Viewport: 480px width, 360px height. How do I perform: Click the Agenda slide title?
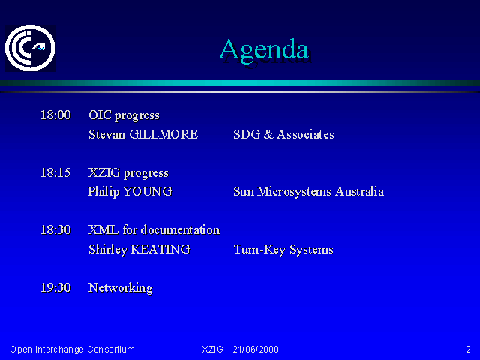[x=264, y=50]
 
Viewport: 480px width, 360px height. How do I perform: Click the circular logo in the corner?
[x=30, y=48]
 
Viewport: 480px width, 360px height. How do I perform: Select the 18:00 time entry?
[x=55, y=115]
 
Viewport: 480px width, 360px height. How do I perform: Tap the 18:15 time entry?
[x=55, y=172]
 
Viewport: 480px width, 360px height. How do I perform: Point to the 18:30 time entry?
[x=55, y=229]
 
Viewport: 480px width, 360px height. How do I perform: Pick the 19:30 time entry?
[x=55, y=287]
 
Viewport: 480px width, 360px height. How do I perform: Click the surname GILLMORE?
[x=163, y=134]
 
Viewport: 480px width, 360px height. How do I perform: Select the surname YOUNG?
[x=148, y=192]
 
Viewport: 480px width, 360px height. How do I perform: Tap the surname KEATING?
[x=160, y=249]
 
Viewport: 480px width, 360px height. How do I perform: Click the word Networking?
[x=121, y=288]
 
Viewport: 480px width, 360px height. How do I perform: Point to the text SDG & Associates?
[x=283, y=134]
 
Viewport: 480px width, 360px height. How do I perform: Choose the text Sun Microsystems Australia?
[x=308, y=192]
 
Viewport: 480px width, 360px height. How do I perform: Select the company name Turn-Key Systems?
[x=283, y=250]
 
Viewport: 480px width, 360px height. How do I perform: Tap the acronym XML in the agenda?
[x=103, y=229]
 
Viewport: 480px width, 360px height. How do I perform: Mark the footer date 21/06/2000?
[x=256, y=349]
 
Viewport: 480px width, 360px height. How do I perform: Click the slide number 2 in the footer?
[x=468, y=349]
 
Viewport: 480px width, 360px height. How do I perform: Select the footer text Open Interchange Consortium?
[x=72, y=349]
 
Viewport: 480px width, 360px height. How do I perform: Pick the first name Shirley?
[x=108, y=250]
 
